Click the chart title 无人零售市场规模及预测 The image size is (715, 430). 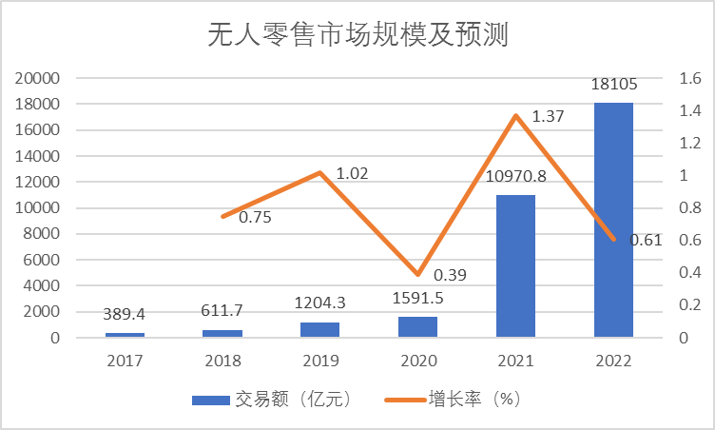tap(358, 36)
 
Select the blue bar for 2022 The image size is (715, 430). tap(613, 219)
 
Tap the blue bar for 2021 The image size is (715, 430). tap(515, 265)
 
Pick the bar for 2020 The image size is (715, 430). tap(417, 326)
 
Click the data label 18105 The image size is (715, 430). tap(613, 86)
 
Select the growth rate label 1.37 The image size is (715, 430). tap(549, 117)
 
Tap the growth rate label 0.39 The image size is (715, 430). tap(450, 275)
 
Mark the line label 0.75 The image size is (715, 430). tap(255, 217)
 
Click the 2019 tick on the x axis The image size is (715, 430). tap(320, 362)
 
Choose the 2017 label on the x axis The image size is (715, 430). tap(125, 362)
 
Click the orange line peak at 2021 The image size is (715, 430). tap(515, 116)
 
